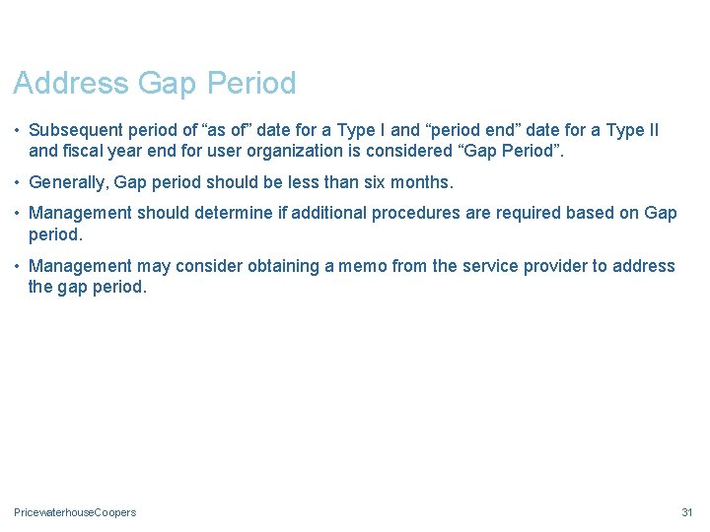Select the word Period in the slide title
(250, 84)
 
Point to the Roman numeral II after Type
(651, 131)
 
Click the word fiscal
(85, 152)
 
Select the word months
(421, 183)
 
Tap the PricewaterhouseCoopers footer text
(75, 512)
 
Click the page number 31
(687, 512)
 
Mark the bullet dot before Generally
(18, 183)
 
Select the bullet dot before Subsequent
(18, 131)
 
